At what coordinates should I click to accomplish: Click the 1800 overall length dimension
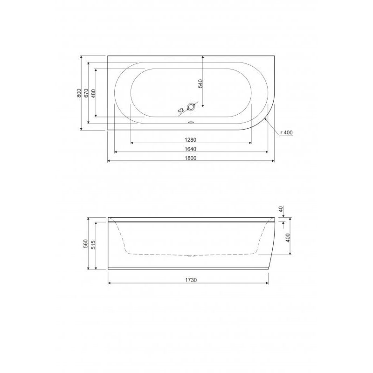[x=190, y=158]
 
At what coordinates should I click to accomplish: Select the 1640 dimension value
[x=190, y=149]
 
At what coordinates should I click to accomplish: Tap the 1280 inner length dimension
[x=190, y=140]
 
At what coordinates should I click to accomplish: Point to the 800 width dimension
[x=79, y=93]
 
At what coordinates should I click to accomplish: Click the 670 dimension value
[x=86, y=93]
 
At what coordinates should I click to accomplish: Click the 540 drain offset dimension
[x=200, y=84]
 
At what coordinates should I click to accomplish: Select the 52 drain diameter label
[x=181, y=111]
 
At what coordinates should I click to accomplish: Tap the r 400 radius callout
[x=286, y=132]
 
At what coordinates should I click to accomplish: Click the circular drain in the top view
[x=191, y=107]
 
